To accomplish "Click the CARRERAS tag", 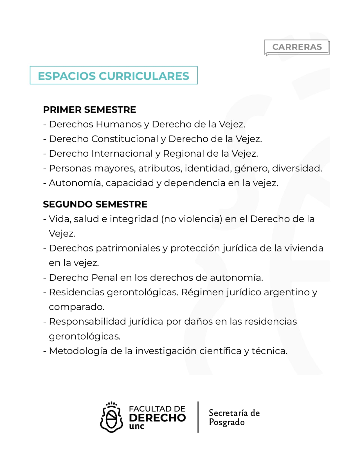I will [x=297, y=47].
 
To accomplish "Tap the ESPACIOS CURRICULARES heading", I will [x=114, y=76].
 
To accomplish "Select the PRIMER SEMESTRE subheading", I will [x=89, y=110].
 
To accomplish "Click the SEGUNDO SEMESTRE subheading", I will [x=95, y=204].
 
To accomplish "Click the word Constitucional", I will [x=125, y=139].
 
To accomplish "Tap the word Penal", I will [x=104, y=278].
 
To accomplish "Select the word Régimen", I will [x=202, y=292].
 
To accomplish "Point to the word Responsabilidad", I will [x=87, y=321].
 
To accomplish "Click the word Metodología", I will [x=78, y=351].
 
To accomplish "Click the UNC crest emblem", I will [x=112, y=417].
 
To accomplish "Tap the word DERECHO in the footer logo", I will [x=157, y=418].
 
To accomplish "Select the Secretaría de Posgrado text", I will [x=234, y=417].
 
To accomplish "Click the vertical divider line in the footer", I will [x=198, y=417].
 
